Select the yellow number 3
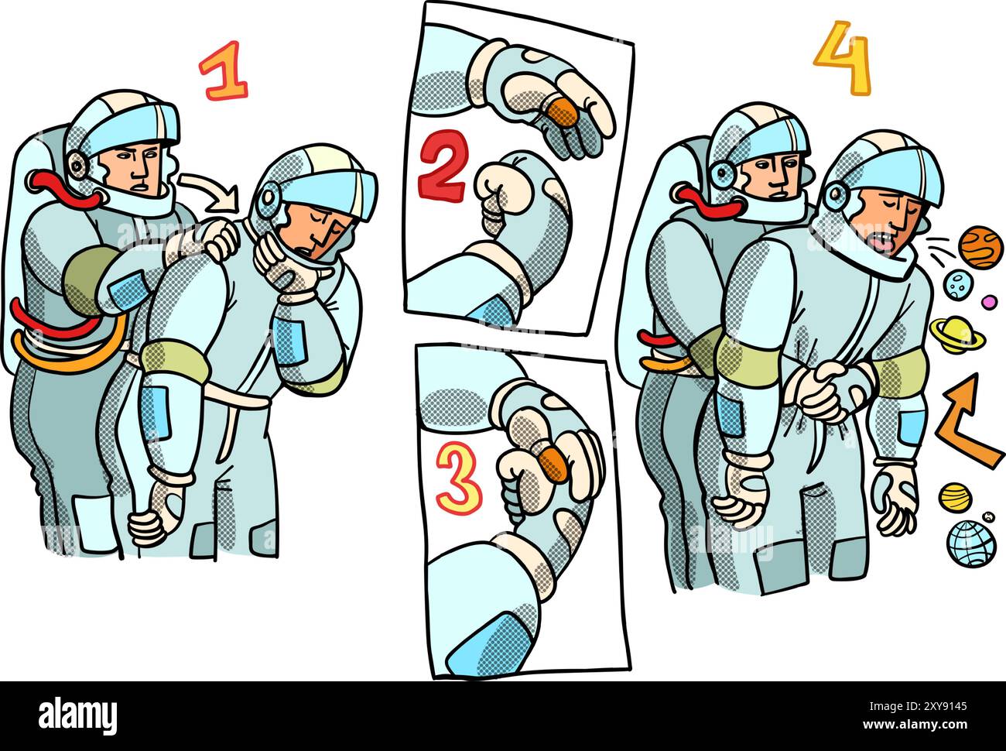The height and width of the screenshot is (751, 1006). click(458, 477)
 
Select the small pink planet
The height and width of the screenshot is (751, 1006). click(988, 301)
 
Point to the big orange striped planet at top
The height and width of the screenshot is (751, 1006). click(980, 246)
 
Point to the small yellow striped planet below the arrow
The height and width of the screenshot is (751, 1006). click(955, 496)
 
